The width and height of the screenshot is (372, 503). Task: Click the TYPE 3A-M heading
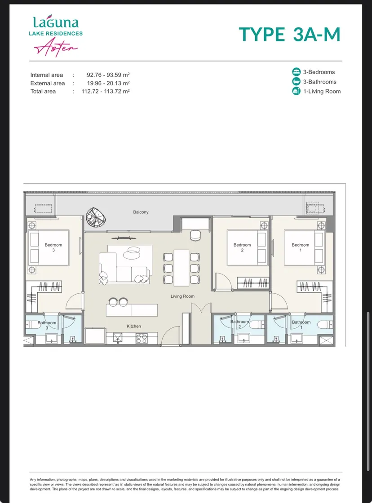pos(289,34)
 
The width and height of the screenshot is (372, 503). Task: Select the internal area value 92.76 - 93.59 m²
pos(108,75)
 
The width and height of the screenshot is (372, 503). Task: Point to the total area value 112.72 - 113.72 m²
pos(106,91)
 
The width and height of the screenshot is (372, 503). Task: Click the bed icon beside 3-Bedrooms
pos(296,72)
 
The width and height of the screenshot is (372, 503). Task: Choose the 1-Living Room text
pos(322,92)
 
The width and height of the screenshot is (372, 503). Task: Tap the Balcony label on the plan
pos(141,212)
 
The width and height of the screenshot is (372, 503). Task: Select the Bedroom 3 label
pos(53,247)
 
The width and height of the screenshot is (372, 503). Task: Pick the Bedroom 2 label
pos(242,247)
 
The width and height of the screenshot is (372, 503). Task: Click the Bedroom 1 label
pos(301,247)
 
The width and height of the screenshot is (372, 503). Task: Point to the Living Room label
pos(182,296)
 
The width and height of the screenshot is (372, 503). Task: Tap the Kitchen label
pos(134,326)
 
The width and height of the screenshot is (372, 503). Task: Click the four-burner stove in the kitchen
pos(142,339)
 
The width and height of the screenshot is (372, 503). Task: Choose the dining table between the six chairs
pos(182,268)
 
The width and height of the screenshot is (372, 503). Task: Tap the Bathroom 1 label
pos(301,325)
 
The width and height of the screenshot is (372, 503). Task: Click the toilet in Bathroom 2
pos(256,325)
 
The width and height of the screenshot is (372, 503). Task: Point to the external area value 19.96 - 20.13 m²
pos(108,83)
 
